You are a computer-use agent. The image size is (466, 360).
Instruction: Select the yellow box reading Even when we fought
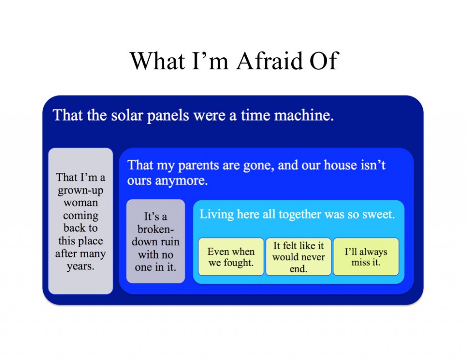[231, 257]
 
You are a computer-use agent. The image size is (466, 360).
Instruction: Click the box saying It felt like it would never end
[299, 257]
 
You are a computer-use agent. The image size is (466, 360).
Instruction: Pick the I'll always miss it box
[366, 257]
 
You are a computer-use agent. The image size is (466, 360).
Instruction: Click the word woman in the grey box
[81, 203]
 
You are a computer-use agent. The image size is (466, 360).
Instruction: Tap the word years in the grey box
[81, 266]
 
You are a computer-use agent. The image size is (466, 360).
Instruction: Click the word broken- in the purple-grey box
[156, 229]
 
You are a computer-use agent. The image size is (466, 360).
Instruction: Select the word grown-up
[81, 191]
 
